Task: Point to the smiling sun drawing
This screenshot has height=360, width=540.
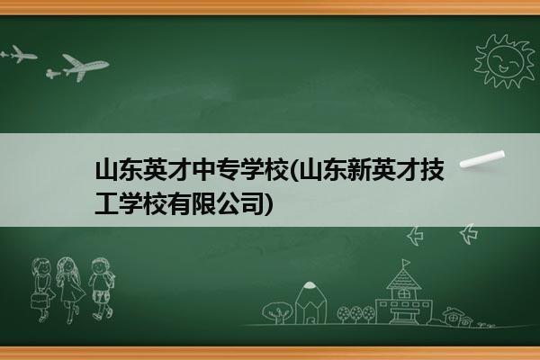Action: [x=505, y=61]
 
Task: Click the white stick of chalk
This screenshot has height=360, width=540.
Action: [x=482, y=159]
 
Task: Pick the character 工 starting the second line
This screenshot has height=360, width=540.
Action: [x=107, y=204]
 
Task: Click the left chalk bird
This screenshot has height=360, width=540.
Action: [x=415, y=236]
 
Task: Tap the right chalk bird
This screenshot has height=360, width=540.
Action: [x=469, y=234]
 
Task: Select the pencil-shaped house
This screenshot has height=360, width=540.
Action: [x=310, y=302]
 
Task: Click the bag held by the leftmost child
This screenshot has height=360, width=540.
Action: [x=39, y=301]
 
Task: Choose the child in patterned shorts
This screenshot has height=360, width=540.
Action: [x=102, y=289]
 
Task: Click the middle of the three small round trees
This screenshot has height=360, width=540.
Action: [x=355, y=314]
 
